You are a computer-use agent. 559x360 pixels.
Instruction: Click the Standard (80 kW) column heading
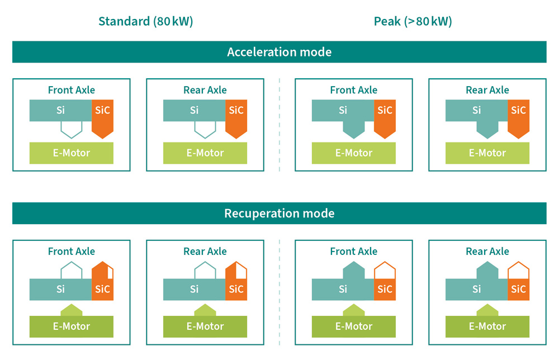tap(145, 21)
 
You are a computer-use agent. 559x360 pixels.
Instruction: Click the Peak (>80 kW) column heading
tap(413, 21)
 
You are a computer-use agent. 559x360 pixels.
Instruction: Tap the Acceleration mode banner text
tap(279, 52)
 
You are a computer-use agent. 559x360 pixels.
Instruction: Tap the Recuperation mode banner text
tap(279, 213)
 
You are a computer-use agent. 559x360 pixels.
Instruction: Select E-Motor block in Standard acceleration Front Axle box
tap(72, 153)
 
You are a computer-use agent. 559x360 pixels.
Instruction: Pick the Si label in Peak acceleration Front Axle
tap(343, 110)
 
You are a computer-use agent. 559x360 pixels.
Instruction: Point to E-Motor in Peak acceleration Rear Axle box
tap(487, 153)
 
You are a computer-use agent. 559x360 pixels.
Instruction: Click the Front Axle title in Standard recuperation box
tap(72, 252)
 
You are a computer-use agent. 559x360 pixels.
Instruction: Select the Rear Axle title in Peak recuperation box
tap(487, 252)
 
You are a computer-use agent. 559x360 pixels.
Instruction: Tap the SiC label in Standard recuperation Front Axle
tap(102, 289)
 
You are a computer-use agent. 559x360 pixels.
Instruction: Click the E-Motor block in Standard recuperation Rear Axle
tap(205, 326)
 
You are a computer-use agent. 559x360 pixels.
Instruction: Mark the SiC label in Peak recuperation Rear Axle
tap(518, 289)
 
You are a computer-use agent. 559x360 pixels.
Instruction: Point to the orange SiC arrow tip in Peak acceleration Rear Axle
tap(518, 138)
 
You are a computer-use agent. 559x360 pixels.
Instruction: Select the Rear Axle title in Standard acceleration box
tap(205, 90)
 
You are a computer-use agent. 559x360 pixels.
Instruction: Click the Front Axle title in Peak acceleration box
tap(354, 90)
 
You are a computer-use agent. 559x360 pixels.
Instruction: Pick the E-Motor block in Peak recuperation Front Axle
tap(354, 326)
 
